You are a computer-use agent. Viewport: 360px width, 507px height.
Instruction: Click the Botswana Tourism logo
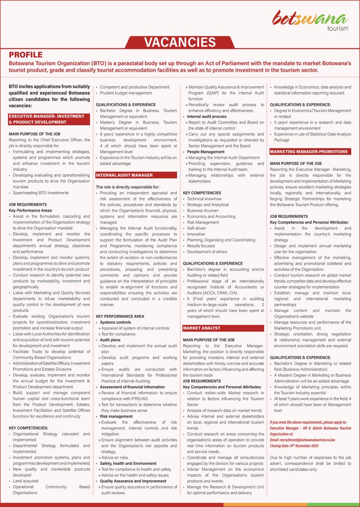pyautogui.click(x=310, y=20)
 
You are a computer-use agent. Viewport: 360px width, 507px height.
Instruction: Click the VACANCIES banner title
pyautogui.click(x=180, y=42)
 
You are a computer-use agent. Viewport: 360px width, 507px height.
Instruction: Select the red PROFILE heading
pyautogui.click(x=26, y=55)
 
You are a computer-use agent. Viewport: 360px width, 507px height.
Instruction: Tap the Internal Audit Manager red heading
pyautogui.click(x=124, y=175)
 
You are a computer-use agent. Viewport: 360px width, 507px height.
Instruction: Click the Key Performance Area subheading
pyautogui.click(x=120, y=316)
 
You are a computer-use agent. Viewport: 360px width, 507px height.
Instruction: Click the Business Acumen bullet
pyautogui.click(x=204, y=210)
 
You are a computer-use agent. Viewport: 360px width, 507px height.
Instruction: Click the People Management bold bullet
pyautogui.click(x=206, y=152)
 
